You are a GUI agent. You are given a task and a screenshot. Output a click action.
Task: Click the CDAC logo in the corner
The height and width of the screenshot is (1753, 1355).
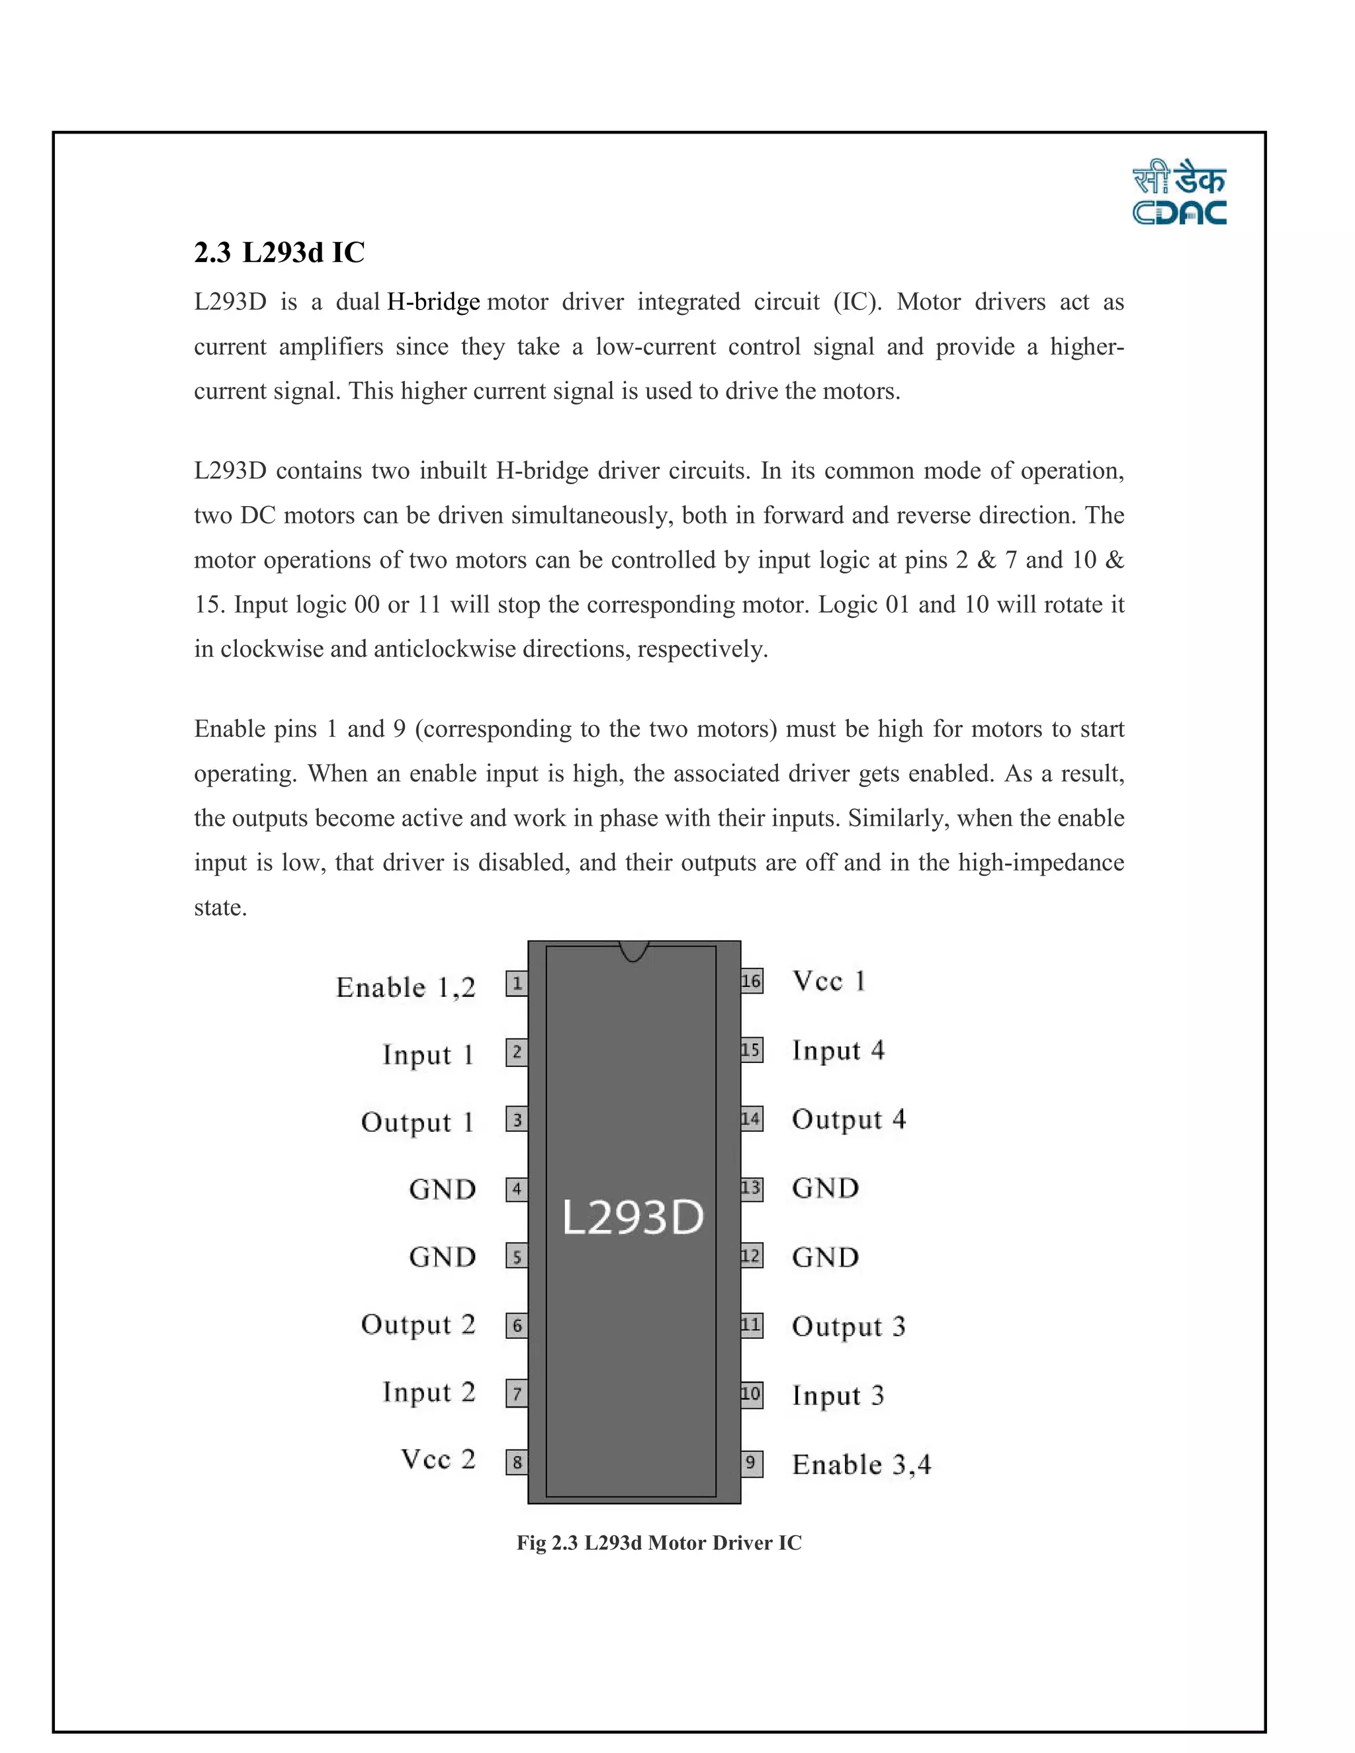pyautogui.click(x=1178, y=195)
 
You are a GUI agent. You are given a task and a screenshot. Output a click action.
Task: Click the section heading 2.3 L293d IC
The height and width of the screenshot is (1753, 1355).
pyautogui.click(x=279, y=253)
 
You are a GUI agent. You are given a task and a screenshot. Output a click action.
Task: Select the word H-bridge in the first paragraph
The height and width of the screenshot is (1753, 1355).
pyautogui.click(x=433, y=302)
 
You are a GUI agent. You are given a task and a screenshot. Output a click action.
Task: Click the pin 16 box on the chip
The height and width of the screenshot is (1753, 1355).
pyautogui.click(x=752, y=981)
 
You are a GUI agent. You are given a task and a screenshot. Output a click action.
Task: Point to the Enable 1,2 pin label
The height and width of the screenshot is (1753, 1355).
pyautogui.click(x=406, y=987)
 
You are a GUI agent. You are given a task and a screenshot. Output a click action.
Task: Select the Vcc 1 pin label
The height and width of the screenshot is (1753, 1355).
pyautogui.click(x=828, y=981)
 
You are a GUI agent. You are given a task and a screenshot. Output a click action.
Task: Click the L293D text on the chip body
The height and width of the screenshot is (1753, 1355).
pyautogui.click(x=633, y=1218)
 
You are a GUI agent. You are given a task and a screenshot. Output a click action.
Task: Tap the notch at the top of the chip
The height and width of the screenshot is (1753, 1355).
pyautogui.click(x=634, y=951)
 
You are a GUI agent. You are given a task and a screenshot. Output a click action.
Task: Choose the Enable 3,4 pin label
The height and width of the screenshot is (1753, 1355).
pyautogui.click(x=861, y=1465)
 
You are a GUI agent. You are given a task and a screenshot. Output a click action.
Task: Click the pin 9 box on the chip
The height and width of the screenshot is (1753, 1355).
pyautogui.click(x=752, y=1463)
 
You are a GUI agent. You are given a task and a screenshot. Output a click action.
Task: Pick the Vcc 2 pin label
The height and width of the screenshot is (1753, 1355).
pyautogui.click(x=438, y=1459)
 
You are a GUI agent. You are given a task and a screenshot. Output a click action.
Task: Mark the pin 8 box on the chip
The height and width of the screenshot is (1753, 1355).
pyautogui.click(x=517, y=1463)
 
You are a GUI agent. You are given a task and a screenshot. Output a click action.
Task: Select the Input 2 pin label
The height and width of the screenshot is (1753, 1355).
pyautogui.click(x=429, y=1392)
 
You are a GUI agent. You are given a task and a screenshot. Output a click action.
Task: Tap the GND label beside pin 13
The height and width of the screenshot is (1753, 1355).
pyautogui.click(x=825, y=1188)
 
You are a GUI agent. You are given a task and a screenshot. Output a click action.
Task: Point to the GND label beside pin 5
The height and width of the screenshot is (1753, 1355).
pyautogui.click(x=443, y=1257)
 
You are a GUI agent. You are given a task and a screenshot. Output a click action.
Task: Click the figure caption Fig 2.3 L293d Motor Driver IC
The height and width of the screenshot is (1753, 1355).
pyautogui.click(x=658, y=1543)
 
